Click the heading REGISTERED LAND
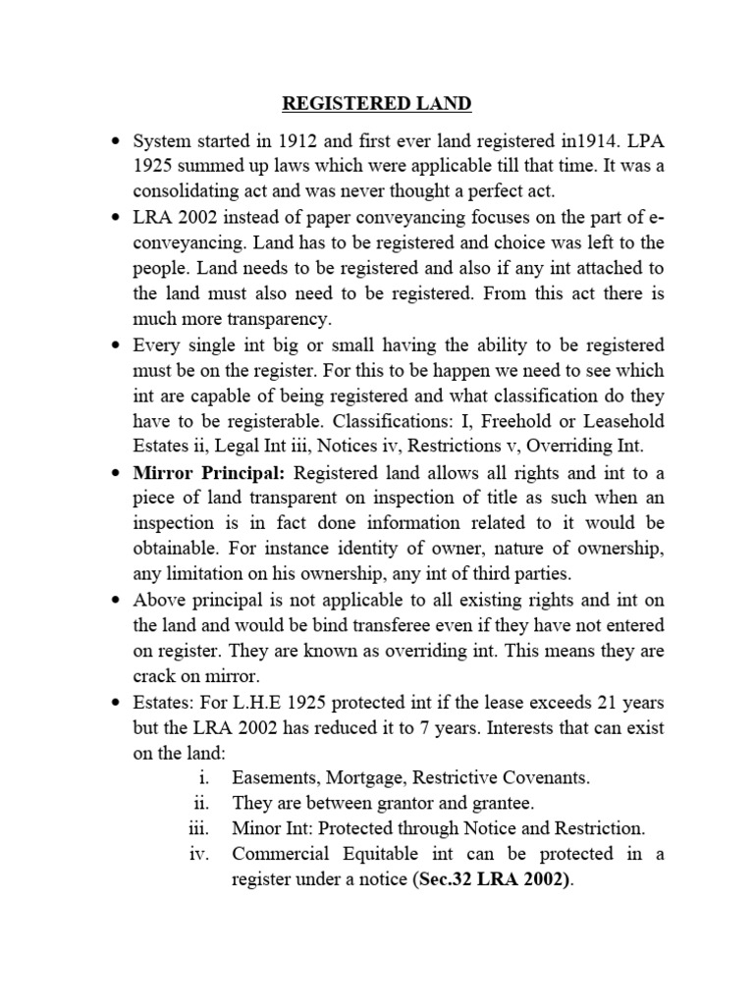pos(376,104)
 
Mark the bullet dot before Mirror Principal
pos(114,472)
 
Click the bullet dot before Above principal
pos(114,600)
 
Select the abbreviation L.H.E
pos(245,702)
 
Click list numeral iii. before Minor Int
pos(201,828)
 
